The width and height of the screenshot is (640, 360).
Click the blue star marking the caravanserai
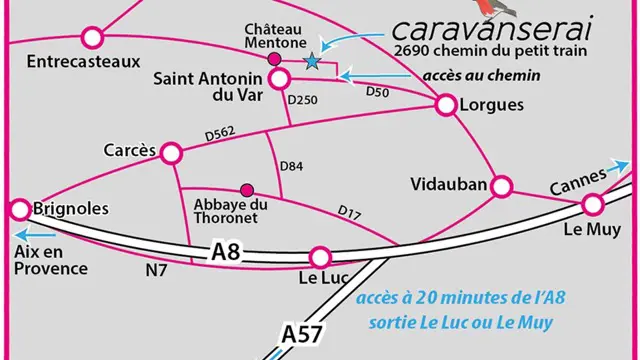(312, 62)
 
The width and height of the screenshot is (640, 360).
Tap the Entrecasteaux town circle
(92, 38)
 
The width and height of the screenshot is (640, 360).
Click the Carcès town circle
(172, 153)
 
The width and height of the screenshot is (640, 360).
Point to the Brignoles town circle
(19, 209)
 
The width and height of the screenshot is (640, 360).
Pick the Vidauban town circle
(501, 186)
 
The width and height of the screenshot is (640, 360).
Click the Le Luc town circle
(320, 257)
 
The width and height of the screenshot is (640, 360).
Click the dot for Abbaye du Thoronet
(246, 187)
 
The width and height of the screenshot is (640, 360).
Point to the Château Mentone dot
(275, 59)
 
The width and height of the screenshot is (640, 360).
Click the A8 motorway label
(226, 252)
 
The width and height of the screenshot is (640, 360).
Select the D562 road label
(219, 133)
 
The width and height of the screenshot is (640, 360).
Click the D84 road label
(291, 165)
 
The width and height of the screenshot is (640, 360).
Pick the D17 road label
(349, 212)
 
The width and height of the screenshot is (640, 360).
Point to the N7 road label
(157, 269)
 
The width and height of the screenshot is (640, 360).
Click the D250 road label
(301, 100)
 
